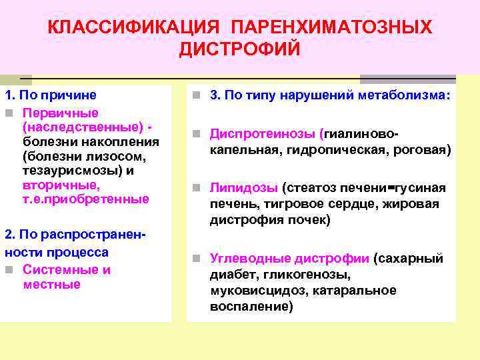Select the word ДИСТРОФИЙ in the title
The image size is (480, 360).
click(x=240, y=50)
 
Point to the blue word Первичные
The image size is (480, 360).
click(x=61, y=112)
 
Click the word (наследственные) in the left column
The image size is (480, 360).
click(x=82, y=127)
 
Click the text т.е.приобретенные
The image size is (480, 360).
click(x=86, y=199)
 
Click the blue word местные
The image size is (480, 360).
click(x=51, y=285)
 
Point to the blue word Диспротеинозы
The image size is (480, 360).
click(x=264, y=133)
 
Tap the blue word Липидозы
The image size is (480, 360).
click(x=243, y=188)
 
